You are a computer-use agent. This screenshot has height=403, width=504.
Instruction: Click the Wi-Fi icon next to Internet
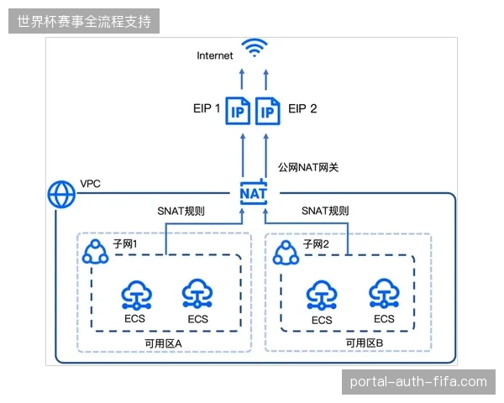255,48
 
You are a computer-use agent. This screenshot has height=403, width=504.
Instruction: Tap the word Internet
215,55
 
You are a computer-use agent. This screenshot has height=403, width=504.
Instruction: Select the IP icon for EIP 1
238,111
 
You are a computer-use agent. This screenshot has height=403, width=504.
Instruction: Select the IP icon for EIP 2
267,111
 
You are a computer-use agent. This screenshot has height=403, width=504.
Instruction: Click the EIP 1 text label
207,108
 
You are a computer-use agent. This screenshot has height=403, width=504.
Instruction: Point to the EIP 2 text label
302,108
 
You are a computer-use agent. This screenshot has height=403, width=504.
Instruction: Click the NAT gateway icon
254,193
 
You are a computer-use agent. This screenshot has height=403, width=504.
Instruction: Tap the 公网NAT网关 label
308,167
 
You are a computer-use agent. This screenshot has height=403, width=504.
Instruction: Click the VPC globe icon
61,195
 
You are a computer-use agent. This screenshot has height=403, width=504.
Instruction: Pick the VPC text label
91,184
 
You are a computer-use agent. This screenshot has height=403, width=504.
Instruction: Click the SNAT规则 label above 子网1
181,211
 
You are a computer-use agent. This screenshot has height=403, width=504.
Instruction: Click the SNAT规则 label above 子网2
325,211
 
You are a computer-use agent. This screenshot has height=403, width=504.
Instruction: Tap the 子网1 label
125,244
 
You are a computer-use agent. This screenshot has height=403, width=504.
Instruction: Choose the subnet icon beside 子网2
286,253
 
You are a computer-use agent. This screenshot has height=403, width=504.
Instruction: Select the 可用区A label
163,344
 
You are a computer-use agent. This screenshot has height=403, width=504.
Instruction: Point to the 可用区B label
365,343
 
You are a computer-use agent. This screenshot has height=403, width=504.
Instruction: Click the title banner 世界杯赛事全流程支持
84,21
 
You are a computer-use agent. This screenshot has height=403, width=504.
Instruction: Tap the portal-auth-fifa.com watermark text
418,382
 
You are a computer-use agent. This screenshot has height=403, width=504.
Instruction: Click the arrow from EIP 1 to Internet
243,79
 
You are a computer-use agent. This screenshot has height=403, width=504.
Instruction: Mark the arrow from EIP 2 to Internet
265,79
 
